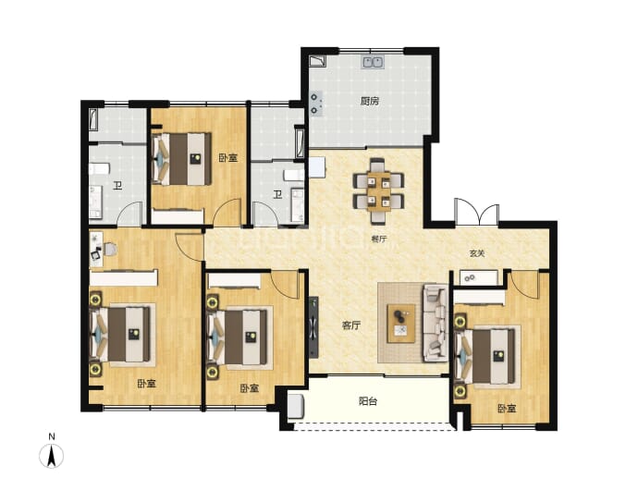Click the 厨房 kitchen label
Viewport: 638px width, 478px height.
(x=370, y=101)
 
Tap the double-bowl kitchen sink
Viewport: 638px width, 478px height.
(x=373, y=62)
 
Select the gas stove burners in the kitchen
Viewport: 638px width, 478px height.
(x=315, y=104)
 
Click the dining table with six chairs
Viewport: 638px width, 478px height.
(x=379, y=190)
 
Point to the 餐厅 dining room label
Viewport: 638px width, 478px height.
(x=378, y=239)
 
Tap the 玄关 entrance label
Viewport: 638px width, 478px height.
(x=477, y=253)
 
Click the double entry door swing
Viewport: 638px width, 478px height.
(x=477, y=212)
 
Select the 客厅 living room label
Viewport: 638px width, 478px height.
(x=351, y=325)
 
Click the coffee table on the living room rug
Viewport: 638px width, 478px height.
(x=401, y=324)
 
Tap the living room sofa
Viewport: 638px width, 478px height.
(x=436, y=323)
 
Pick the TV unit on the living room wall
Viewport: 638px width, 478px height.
(x=313, y=327)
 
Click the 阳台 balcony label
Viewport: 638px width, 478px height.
(x=368, y=401)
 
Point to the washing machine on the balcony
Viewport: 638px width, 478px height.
(x=296, y=406)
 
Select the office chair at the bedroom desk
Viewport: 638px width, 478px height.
(x=110, y=249)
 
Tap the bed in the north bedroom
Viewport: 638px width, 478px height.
(x=181, y=159)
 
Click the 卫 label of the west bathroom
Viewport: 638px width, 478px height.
(x=117, y=187)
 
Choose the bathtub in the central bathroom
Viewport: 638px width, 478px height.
(x=301, y=143)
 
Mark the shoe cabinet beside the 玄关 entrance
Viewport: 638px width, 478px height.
(x=479, y=277)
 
